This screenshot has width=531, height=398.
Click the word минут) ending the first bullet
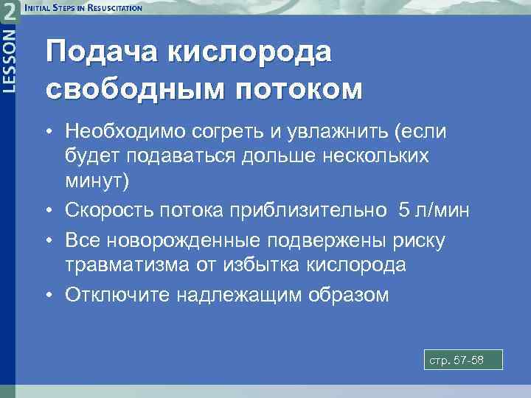tap(96, 180)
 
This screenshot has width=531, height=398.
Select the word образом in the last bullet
tap(345, 295)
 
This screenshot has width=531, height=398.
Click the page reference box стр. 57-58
tap(463, 360)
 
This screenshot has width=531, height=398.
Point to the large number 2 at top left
tap(10, 12)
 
